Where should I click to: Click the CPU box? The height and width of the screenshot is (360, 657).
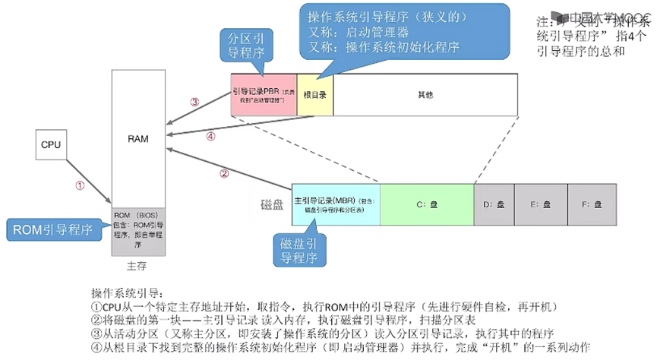[x=51, y=144]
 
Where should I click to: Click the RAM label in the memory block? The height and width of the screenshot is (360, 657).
[x=138, y=139]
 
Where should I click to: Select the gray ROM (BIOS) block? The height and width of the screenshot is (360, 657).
[x=137, y=229]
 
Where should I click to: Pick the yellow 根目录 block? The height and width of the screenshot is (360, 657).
[x=315, y=96]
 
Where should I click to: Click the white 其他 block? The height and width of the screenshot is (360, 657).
[x=425, y=96]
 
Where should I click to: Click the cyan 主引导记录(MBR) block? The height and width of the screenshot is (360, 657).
[x=336, y=204]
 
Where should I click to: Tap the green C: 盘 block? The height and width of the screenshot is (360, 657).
[x=426, y=204]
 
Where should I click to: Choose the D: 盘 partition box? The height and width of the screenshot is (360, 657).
[x=494, y=204]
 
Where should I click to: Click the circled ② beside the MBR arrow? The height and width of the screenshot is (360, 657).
[x=224, y=173]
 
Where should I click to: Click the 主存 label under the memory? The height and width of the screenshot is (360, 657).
[x=137, y=267]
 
